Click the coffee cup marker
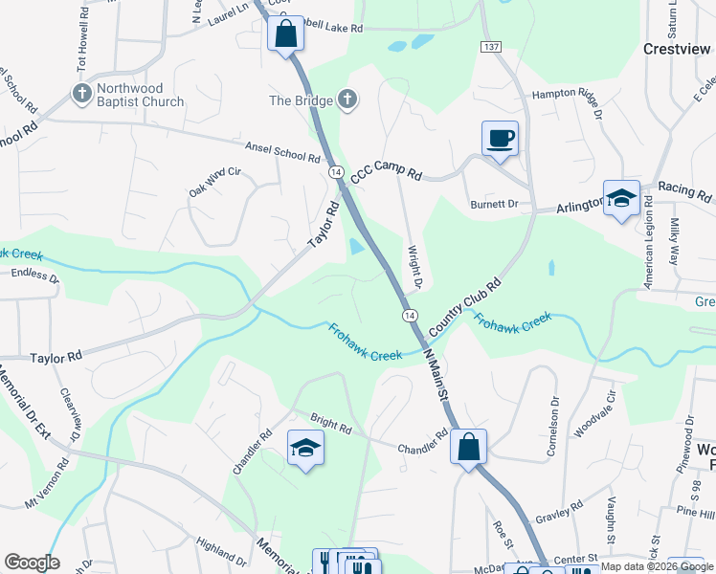[500, 139]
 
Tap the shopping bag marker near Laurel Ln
[286, 35]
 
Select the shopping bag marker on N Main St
[468, 447]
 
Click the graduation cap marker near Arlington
[621, 199]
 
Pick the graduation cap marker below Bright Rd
[305, 448]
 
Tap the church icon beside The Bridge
[347, 99]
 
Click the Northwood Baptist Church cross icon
[80, 94]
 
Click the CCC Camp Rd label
[387, 172]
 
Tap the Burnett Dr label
[494, 204]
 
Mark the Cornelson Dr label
[553, 415]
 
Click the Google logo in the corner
[32, 563]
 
